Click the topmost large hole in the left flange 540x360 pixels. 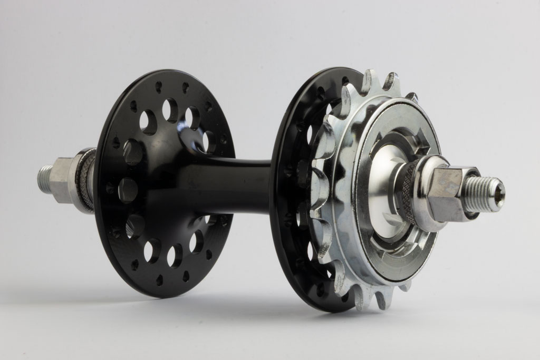170,110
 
